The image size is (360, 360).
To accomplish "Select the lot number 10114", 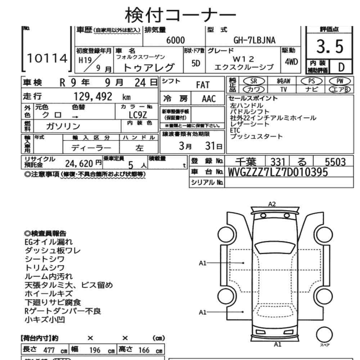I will pos(48,58).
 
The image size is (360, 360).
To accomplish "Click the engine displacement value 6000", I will pos(175,41).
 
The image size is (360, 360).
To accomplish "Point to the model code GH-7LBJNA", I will pos(255,41).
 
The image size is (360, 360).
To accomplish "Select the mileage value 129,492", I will pos(93,96).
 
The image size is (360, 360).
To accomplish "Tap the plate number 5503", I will pos(334,162).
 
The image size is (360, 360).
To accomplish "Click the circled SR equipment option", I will pos(253,81).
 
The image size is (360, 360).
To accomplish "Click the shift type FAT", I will pos(203,86).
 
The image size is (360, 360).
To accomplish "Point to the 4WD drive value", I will pos(291,62).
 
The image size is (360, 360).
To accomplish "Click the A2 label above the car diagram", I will pos(272,204).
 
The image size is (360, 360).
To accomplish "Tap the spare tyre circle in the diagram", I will pos(324,334).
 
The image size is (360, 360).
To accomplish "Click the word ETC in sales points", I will pos(235,131).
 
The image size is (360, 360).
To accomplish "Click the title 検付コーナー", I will pos(180,14).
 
